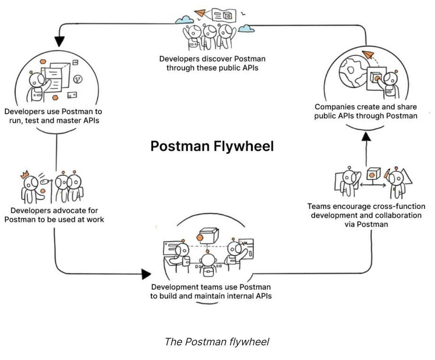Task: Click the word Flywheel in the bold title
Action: pos(243,146)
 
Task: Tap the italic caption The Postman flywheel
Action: pos(217,342)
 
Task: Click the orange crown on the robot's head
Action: pos(25,175)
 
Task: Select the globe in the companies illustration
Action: pos(353,71)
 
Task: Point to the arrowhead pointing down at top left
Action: pos(59,41)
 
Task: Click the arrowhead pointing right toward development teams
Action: pos(146,274)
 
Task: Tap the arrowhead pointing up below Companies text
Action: pos(366,137)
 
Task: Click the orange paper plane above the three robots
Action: pos(200,13)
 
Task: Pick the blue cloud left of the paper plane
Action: pos(184,20)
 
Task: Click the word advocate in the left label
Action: pos(68,210)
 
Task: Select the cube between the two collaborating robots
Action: pos(372,174)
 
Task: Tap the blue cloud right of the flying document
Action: pos(246,29)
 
